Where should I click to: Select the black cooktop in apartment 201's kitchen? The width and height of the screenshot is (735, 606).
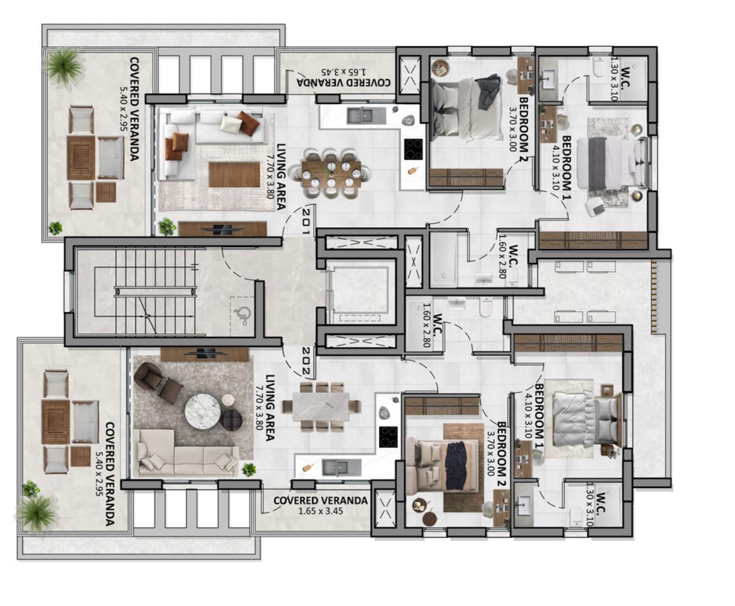(413, 149)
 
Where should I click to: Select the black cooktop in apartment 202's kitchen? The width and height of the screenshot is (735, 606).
(388, 437)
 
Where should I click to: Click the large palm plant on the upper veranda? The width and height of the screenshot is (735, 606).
(64, 66)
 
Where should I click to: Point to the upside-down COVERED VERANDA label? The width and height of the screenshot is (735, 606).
(343, 83)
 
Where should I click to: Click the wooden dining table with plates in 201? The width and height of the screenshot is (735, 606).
(331, 174)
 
